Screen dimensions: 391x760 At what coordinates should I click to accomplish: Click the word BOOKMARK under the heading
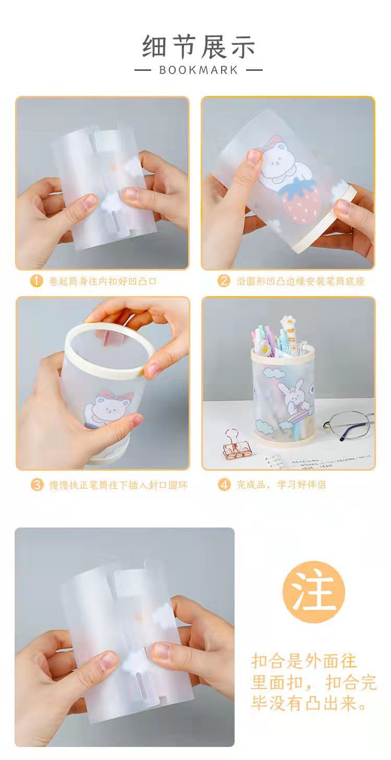tap(198, 70)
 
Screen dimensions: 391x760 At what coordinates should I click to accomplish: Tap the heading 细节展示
tap(198, 46)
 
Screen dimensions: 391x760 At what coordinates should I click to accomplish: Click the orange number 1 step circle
tap(36, 281)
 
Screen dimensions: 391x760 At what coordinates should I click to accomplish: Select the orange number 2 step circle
tap(224, 281)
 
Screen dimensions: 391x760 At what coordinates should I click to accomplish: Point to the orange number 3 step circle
tap(37, 484)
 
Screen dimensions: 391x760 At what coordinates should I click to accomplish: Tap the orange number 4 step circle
tap(224, 484)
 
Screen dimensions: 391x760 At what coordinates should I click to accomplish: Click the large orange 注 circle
tap(314, 592)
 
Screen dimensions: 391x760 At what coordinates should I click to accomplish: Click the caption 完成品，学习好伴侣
tap(282, 484)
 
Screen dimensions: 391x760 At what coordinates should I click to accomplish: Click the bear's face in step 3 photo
tap(107, 408)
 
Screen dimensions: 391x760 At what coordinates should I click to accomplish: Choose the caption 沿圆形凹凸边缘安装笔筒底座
tap(301, 281)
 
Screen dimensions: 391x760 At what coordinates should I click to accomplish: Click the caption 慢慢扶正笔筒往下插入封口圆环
tap(118, 485)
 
